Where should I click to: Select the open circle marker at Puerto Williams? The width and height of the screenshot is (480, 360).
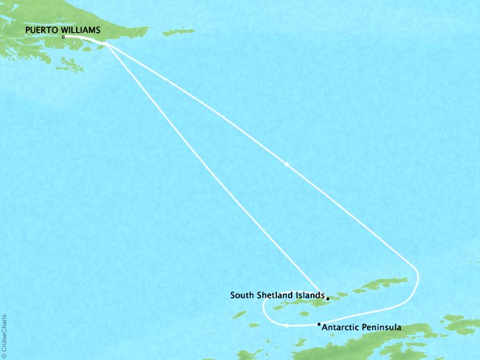63,37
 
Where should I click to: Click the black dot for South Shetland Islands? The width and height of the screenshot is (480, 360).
327,299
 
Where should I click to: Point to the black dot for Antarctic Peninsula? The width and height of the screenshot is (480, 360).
319,324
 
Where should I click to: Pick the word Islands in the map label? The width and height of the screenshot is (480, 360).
310,295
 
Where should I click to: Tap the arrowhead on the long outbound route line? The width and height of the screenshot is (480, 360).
286,165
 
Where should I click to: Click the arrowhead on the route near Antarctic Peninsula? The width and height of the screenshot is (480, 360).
286,325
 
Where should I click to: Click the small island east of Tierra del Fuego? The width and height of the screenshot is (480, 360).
177,31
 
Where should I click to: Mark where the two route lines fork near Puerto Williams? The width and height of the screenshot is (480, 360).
106,45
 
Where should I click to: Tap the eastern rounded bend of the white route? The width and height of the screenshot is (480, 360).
417,276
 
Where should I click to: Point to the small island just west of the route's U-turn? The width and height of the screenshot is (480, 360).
239,315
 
